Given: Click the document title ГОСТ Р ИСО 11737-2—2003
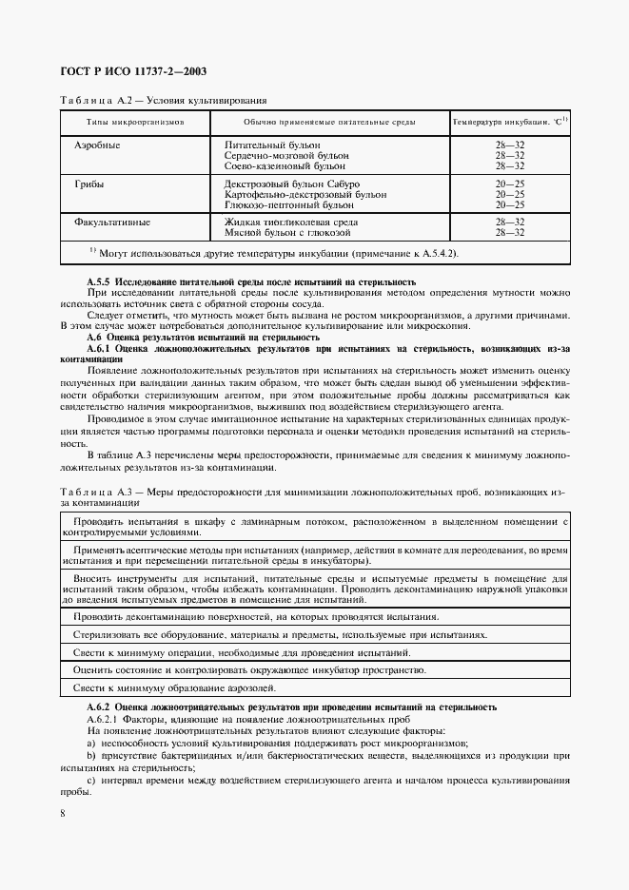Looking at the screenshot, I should [x=133, y=71].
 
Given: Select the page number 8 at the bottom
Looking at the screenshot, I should [x=63, y=812].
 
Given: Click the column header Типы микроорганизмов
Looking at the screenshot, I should [x=135, y=123].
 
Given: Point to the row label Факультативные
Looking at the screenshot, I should [x=112, y=222].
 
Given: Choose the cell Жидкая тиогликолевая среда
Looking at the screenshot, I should [x=290, y=222].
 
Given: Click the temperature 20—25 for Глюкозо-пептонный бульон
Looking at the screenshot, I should [x=510, y=204].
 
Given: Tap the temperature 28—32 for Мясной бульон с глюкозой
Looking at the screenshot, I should [x=510, y=232].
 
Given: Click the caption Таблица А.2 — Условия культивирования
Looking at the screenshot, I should [x=164, y=99].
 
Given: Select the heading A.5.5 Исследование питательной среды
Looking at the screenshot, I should [x=251, y=282].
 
